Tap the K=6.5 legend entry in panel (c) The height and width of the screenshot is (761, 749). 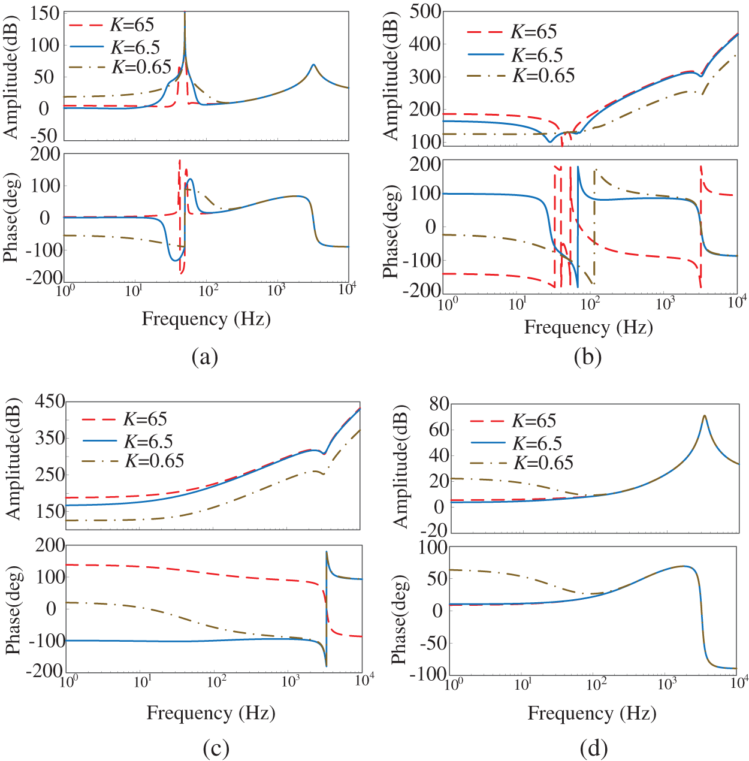[148, 442]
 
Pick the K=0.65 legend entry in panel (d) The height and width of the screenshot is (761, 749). [543, 463]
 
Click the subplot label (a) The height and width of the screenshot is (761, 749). [204, 357]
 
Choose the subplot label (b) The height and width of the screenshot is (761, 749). [587, 357]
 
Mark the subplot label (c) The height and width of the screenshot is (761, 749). [216, 748]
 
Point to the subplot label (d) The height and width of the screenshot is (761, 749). [593, 748]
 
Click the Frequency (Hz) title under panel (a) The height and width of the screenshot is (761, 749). [206, 319]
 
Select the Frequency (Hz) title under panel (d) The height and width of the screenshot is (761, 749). [591, 713]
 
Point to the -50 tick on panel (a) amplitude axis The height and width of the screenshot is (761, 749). [44, 135]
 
